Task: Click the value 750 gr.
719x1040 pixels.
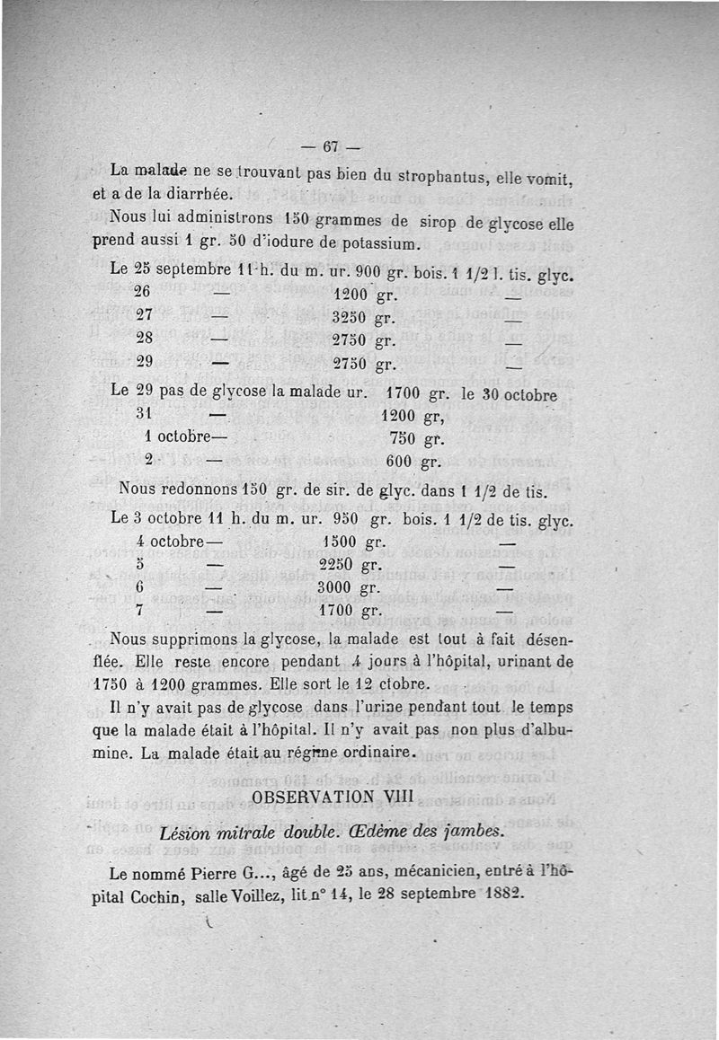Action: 414,440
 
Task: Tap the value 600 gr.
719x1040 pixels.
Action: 412,463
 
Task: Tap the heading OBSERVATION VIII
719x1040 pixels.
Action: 333,797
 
